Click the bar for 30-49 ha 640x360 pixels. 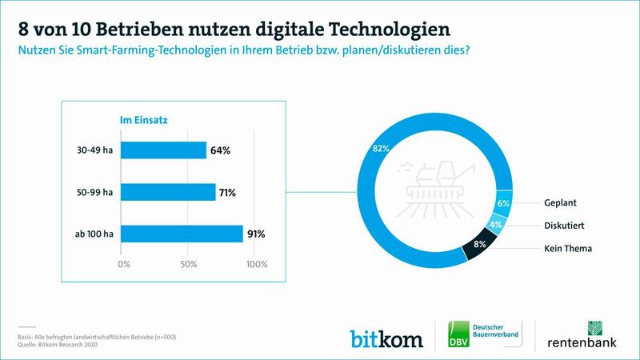pyautogui.click(x=165, y=150)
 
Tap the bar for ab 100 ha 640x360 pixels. pyautogui.click(x=183, y=234)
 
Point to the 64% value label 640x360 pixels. pyautogui.click(x=221, y=150)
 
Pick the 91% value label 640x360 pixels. pyautogui.click(x=257, y=234)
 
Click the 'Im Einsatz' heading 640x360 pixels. pyautogui.click(x=143, y=120)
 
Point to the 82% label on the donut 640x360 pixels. pyautogui.click(x=381, y=148)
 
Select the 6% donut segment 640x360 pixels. pyautogui.click(x=503, y=204)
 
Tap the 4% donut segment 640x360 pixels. pyautogui.click(x=497, y=226)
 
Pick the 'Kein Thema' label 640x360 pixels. pyautogui.click(x=569, y=248)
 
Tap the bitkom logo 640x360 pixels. pyautogui.click(x=386, y=338)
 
